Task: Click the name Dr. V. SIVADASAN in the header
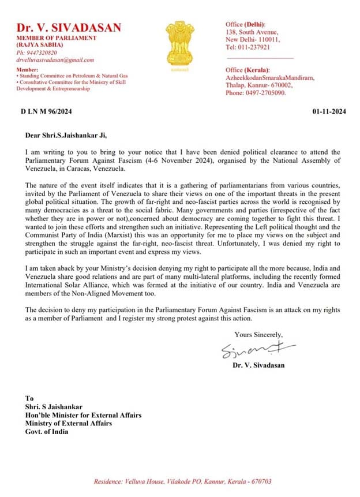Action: coord(69,28)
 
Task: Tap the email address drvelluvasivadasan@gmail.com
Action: coord(55,59)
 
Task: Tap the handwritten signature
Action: coord(257,349)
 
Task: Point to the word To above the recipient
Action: coord(29,398)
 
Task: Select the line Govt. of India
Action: coord(46,431)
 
